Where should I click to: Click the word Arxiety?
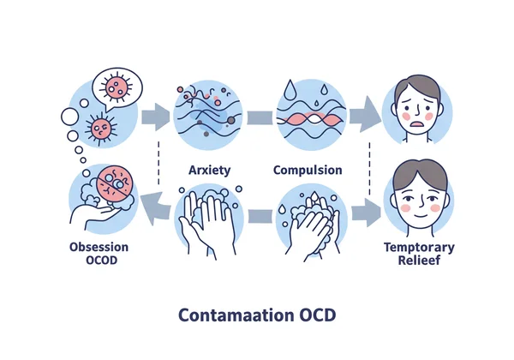click(x=208, y=170)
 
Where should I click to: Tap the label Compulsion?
click(x=308, y=170)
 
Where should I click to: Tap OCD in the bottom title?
click(x=317, y=314)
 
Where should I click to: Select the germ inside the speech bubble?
click(x=118, y=86)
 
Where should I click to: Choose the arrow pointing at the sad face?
click(x=365, y=116)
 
